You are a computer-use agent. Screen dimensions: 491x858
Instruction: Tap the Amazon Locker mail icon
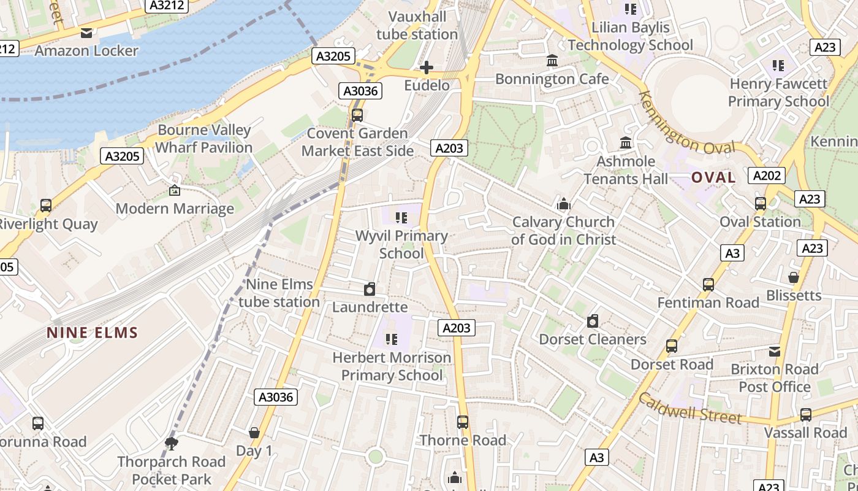pyautogui.click(x=86, y=33)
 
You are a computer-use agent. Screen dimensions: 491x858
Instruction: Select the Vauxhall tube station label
pyautogui.click(x=417, y=25)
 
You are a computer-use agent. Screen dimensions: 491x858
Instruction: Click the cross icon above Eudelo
pyautogui.click(x=427, y=67)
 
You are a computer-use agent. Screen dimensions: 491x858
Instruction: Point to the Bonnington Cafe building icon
pyautogui.click(x=552, y=61)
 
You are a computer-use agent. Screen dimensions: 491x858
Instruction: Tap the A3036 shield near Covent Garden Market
pyautogui.click(x=362, y=91)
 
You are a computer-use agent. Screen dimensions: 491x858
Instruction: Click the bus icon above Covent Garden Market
pyautogui.click(x=357, y=115)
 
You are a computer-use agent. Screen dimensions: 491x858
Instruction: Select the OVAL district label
pyautogui.click(x=713, y=178)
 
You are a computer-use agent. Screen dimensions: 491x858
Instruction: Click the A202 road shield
pyautogui.click(x=767, y=176)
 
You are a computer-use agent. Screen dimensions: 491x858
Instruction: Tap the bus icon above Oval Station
pyautogui.click(x=761, y=204)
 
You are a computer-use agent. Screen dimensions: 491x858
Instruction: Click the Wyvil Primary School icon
pyautogui.click(x=401, y=217)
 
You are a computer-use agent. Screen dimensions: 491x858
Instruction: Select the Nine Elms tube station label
pyautogui.click(x=279, y=293)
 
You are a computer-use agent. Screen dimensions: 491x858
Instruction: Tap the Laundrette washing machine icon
pyautogui.click(x=370, y=289)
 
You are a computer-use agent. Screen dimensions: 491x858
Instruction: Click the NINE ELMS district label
pyautogui.click(x=93, y=333)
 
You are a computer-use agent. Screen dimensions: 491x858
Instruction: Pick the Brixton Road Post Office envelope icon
pyautogui.click(x=775, y=351)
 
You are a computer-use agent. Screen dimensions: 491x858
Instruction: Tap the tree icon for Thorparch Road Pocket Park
pyautogui.click(x=172, y=443)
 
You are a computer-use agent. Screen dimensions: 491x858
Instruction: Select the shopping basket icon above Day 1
pyautogui.click(x=254, y=433)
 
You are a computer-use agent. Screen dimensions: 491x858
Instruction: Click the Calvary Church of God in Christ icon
pyautogui.click(x=563, y=204)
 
